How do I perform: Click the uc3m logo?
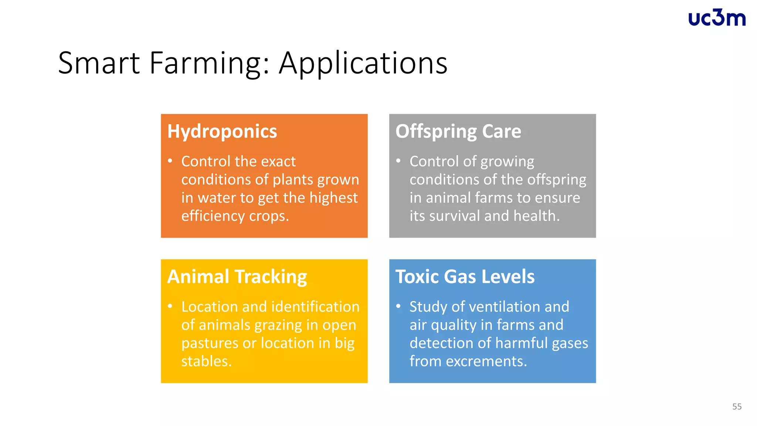(x=717, y=18)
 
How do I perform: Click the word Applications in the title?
(x=363, y=63)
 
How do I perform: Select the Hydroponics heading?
(x=222, y=132)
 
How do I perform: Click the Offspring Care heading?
(x=458, y=132)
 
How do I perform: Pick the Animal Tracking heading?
(x=237, y=277)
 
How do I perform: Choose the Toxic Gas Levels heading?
(x=465, y=277)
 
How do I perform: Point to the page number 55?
(x=737, y=407)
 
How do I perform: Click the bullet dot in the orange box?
(x=170, y=161)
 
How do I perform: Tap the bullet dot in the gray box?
(x=398, y=161)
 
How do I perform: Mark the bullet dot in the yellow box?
(x=170, y=306)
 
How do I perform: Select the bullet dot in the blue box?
(x=398, y=306)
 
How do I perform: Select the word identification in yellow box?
(x=315, y=307)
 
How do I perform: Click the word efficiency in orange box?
(x=213, y=216)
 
